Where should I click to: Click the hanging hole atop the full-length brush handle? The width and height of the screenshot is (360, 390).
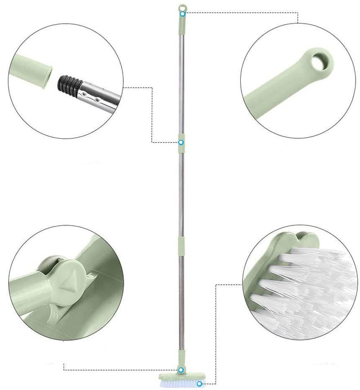point(181,7)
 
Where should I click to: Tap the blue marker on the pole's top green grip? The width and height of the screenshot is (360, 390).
point(181,12)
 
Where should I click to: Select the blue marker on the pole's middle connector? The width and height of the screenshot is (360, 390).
point(181,142)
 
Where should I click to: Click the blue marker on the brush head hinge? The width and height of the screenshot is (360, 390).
point(181,370)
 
